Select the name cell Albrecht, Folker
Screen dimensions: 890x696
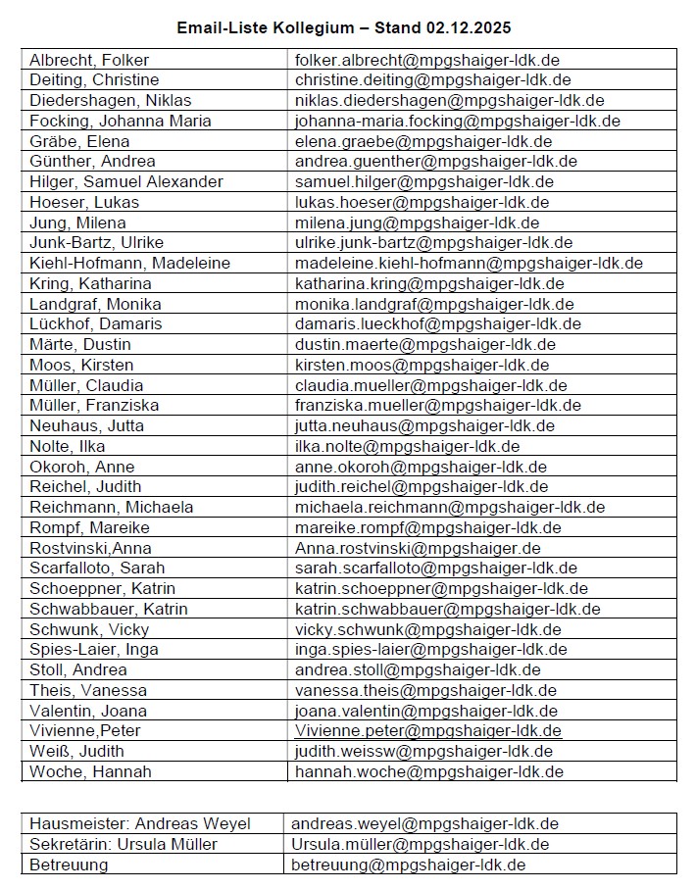click(x=89, y=60)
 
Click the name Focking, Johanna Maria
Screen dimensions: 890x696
click(x=115, y=121)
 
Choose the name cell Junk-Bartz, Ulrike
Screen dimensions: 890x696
click(x=96, y=242)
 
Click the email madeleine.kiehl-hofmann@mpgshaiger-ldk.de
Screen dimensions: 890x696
click(x=469, y=263)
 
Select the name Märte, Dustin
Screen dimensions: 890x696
click(x=80, y=344)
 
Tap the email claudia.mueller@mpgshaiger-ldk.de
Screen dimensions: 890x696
click(x=430, y=385)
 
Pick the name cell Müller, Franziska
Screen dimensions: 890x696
click(x=94, y=405)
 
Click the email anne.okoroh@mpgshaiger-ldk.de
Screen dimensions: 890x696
click(x=421, y=467)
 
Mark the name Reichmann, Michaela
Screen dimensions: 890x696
click(x=111, y=507)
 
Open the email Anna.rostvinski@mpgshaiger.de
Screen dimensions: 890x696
click(x=418, y=548)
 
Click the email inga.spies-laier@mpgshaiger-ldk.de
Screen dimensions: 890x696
click(x=430, y=649)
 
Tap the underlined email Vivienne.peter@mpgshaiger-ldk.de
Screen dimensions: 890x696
click(x=428, y=730)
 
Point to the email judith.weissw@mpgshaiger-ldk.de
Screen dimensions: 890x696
click(x=423, y=751)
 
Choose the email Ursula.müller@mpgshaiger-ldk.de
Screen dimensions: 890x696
click(x=421, y=844)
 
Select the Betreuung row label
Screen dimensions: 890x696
click(x=69, y=865)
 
